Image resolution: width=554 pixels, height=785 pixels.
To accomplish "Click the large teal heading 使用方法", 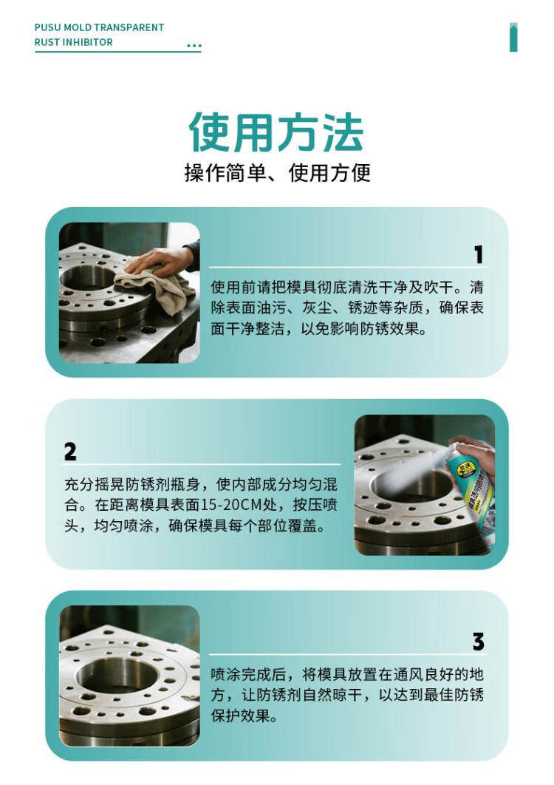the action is click(276, 132).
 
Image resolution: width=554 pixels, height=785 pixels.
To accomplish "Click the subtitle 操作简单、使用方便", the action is click(277, 173).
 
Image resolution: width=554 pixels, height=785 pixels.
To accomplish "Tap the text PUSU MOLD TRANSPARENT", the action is click(99, 27).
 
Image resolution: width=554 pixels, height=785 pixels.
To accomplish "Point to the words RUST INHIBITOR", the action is click(74, 43).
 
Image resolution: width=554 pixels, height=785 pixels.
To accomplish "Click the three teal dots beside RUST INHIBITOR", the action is click(194, 46).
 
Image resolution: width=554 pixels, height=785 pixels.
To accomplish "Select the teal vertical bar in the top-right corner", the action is click(513, 37).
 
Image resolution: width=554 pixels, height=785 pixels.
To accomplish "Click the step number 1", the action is click(479, 254).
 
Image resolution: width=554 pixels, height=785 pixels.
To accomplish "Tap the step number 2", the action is click(70, 452).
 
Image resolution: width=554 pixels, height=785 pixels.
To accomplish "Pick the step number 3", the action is click(478, 642).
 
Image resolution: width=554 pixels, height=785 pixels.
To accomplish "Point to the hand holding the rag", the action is click(160, 260).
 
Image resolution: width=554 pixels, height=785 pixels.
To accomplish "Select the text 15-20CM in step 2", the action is click(232, 505).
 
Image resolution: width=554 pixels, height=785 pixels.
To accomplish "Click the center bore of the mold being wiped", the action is click(88, 279).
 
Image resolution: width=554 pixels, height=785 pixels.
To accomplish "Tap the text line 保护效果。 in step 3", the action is click(244, 716).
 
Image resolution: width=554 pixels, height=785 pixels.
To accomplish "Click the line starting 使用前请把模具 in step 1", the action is click(347, 288).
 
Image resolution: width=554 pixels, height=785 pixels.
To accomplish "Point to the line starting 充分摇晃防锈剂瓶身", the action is click(201, 484).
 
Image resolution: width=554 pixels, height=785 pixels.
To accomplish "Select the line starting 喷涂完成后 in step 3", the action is click(347, 674).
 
